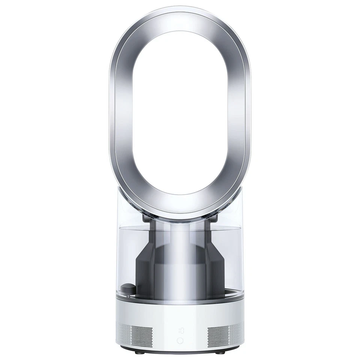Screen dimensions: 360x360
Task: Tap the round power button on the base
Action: (180, 340)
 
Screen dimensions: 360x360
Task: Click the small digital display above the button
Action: (181, 330)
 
